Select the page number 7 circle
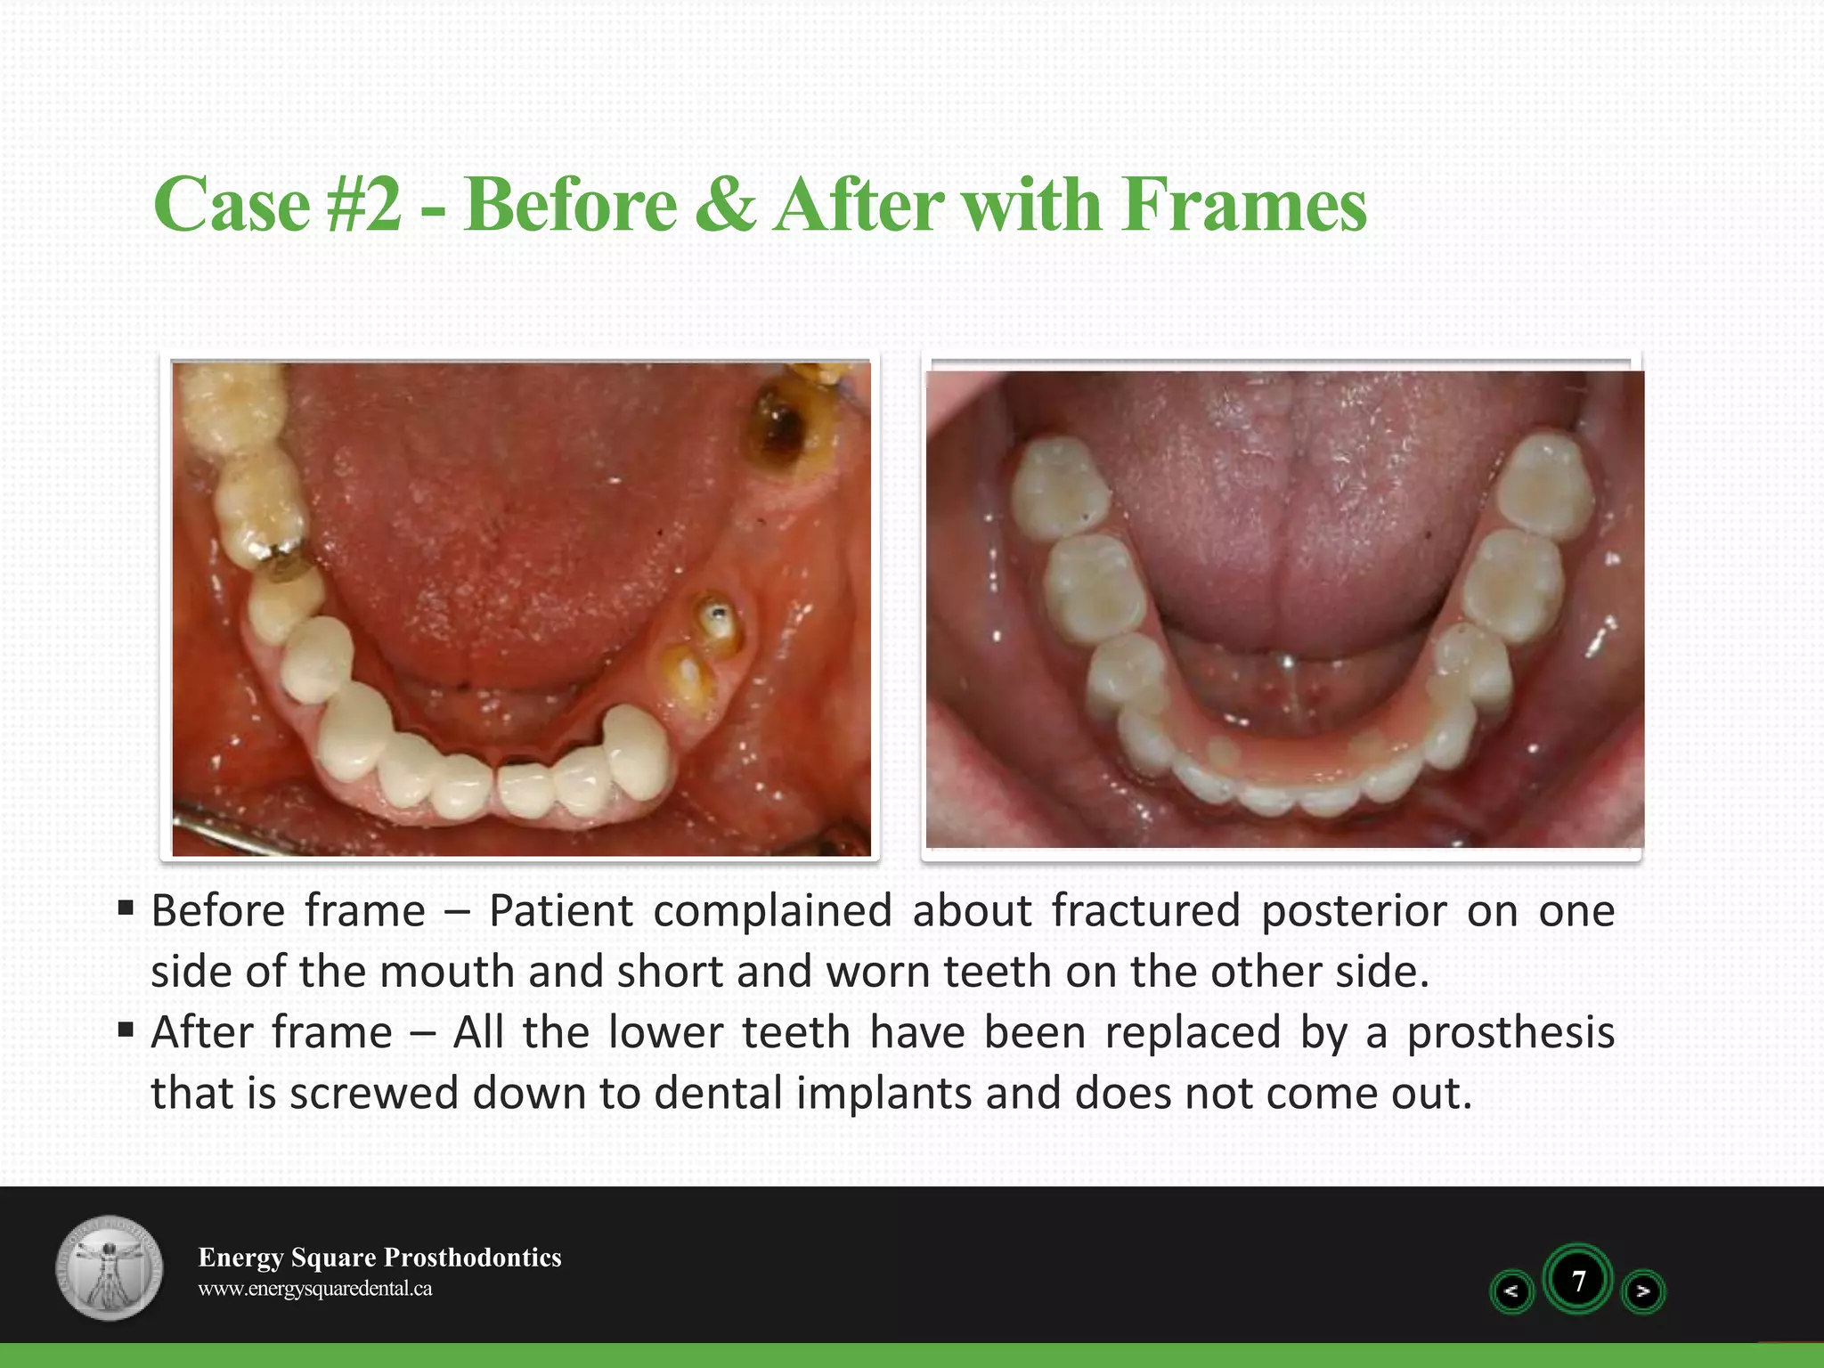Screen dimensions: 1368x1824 coord(1578,1281)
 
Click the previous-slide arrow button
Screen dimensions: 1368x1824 coord(1511,1291)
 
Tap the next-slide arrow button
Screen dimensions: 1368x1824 coord(1643,1291)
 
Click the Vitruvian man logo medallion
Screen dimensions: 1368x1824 coord(110,1267)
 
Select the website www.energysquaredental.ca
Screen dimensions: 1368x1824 coord(314,1289)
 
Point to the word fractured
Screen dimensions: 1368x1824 coord(1145,911)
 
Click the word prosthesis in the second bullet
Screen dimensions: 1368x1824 coord(1510,1033)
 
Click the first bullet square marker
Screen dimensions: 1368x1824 coord(126,908)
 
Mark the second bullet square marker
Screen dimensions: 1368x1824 coord(126,1030)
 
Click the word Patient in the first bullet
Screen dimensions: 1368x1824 coord(561,911)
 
